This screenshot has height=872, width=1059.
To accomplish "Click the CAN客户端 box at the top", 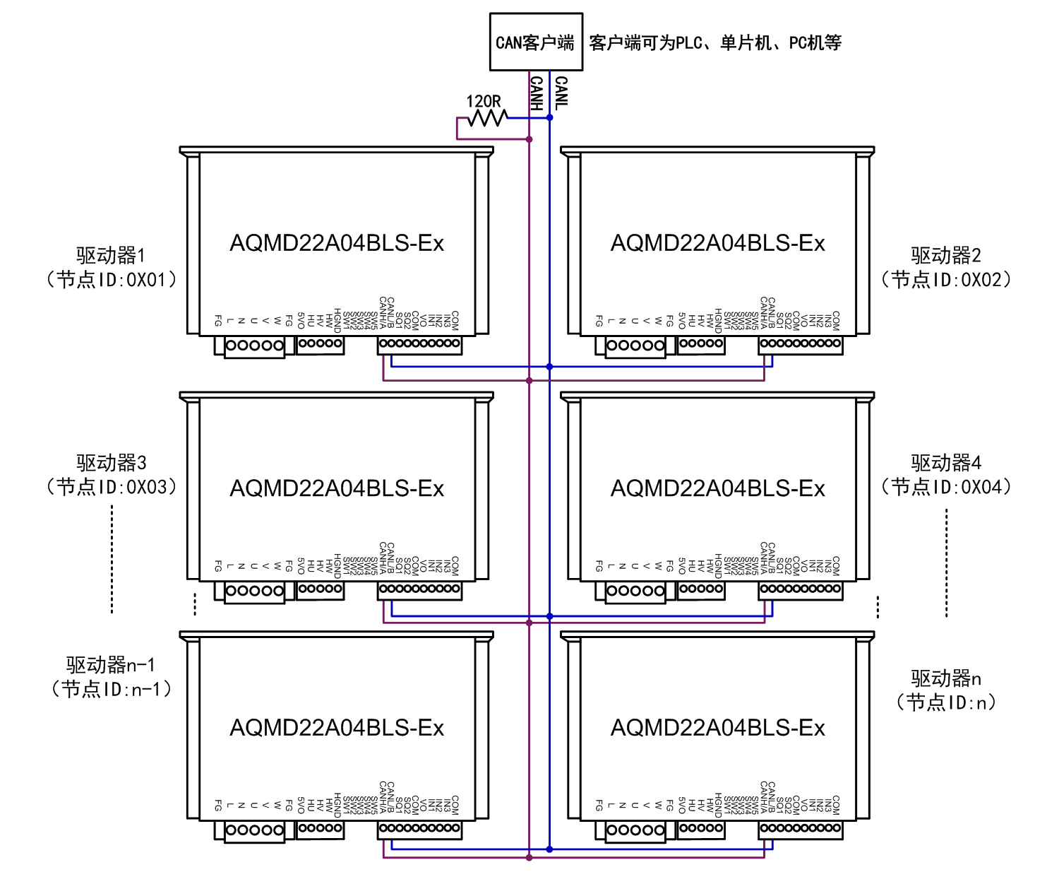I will coord(536,42).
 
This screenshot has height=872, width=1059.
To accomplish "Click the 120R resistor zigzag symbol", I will coord(487,118).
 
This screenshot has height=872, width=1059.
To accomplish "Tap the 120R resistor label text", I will coord(484,101).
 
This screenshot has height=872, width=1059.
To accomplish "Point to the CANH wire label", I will coord(537,93).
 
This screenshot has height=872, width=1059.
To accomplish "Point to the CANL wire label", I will coord(561,93).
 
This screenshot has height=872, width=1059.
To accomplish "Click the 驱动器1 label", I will coord(111,255).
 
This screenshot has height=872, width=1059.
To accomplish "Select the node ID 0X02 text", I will coord(946,280).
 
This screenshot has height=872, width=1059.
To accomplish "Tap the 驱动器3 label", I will coord(111,463).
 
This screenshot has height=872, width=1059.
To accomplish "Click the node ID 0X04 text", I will coord(946,487).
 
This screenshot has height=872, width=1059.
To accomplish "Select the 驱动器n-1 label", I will coord(111,665).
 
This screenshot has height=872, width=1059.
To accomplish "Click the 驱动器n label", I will coord(946,678).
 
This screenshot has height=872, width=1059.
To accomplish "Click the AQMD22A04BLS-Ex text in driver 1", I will coord(337,243).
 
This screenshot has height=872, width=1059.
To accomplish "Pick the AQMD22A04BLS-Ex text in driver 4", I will coord(717,488).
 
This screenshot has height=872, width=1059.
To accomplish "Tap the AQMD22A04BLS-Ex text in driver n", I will coord(717,728).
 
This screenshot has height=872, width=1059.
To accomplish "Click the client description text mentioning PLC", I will coord(715,43).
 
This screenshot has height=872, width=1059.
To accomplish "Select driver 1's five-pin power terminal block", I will coord(254,346).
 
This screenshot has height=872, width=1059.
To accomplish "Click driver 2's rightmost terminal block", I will coord(801,343).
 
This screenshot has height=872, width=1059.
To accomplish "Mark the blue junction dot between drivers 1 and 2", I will coord(549,367).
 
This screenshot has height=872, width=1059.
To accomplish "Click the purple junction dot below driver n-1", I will coord(529,857).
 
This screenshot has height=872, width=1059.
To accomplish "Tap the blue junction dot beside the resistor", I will coord(549,117).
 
